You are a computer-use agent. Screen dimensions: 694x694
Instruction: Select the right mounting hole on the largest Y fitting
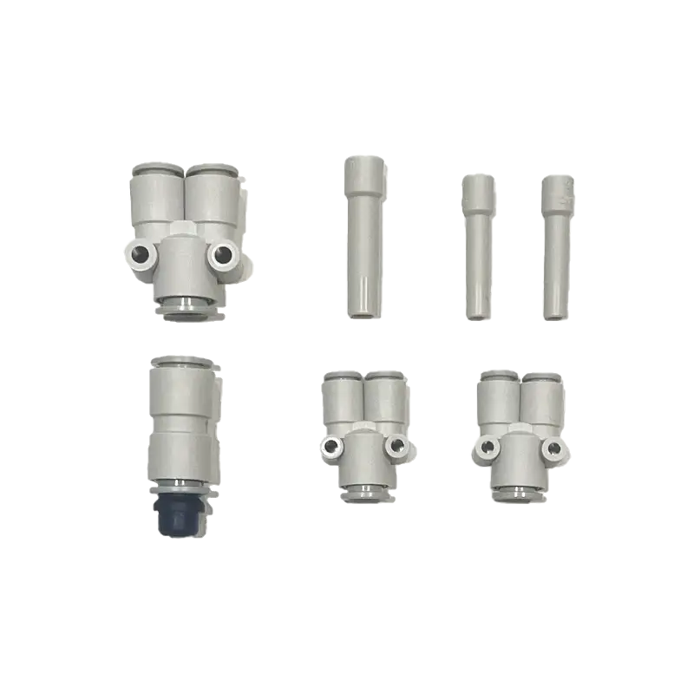226,254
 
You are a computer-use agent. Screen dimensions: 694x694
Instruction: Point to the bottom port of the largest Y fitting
184,306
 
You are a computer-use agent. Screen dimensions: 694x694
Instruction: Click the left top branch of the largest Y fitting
157,195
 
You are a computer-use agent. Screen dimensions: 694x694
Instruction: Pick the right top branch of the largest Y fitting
212,195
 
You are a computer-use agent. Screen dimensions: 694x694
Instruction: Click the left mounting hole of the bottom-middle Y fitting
331,447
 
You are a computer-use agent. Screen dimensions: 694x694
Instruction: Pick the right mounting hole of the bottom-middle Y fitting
397,447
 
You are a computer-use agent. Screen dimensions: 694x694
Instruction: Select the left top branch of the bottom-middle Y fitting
342,399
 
